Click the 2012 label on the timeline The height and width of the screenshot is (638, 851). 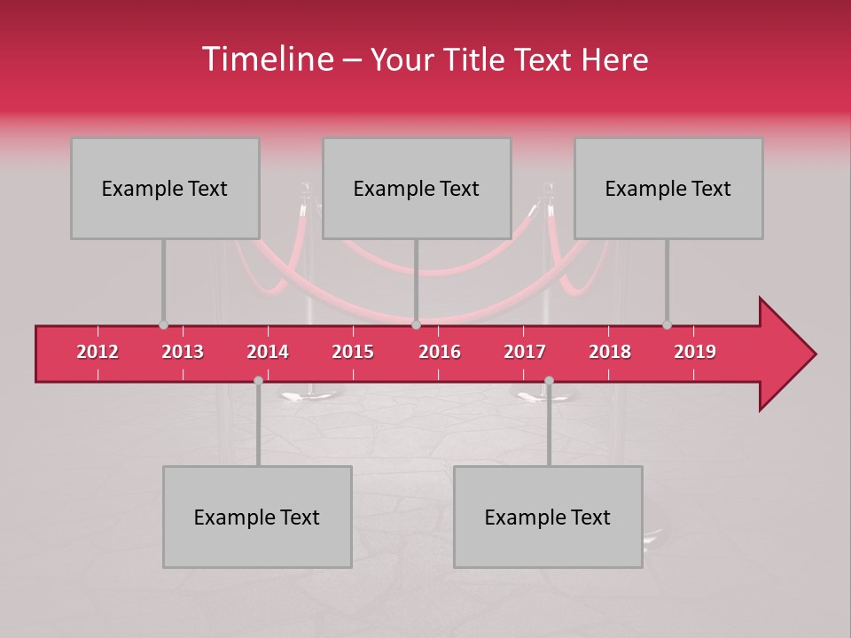click(98, 352)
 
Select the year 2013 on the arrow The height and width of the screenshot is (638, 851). click(183, 352)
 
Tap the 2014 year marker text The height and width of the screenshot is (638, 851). click(268, 352)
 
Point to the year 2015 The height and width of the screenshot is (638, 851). click(353, 352)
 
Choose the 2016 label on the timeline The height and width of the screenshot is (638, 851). click(440, 352)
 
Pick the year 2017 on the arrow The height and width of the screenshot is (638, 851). click(525, 352)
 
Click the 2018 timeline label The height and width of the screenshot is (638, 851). click(610, 352)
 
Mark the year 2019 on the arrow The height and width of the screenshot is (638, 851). click(695, 352)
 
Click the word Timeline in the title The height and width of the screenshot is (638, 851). click(266, 59)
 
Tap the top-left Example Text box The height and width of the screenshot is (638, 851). click(165, 188)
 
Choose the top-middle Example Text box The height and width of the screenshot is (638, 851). click(417, 188)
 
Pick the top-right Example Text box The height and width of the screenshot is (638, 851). click(668, 188)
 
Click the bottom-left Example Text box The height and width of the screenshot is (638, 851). click(257, 517)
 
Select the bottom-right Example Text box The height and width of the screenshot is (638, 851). click(548, 517)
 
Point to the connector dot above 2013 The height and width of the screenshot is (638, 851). click(163, 325)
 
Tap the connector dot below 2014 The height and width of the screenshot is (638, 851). click(258, 380)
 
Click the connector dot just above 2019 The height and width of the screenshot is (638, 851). click(667, 325)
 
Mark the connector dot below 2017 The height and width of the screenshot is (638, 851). click(549, 380)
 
